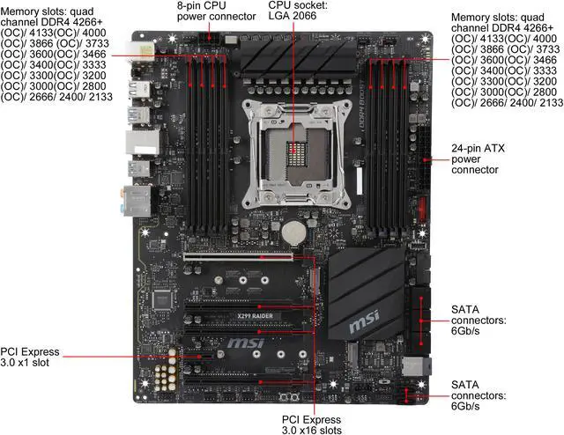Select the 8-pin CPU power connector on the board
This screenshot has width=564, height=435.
pyautogui.click(x=208, y=40)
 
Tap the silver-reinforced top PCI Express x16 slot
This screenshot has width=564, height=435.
pyautogui.click(x=247, y=258)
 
